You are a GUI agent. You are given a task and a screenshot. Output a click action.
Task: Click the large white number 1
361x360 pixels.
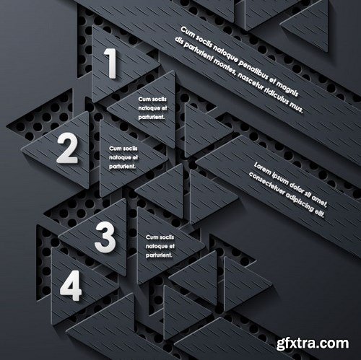111,63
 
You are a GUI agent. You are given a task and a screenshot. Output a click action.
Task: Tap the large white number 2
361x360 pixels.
67,149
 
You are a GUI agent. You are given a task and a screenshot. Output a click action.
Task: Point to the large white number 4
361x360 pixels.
70,287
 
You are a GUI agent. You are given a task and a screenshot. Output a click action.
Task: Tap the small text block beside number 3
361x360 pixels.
160,246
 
